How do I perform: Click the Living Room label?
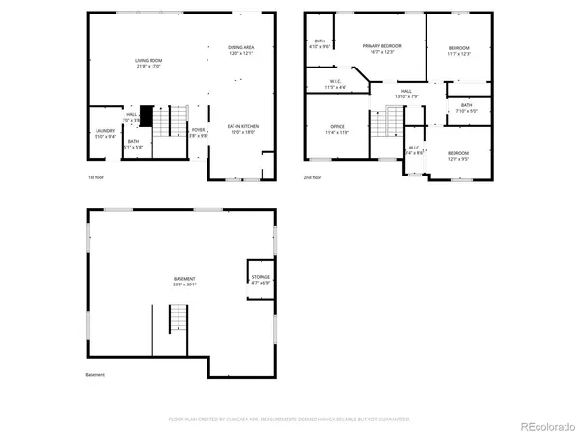(148, 62)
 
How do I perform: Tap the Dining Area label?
(240, 48)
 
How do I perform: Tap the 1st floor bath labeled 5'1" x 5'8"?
(133, 144)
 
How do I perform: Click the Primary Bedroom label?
(382, 47)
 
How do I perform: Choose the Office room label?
(337, 128)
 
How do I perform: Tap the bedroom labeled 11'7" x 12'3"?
(458, 50)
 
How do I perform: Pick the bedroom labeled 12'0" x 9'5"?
(458, 155)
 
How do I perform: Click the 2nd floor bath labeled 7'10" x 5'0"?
(466, 107)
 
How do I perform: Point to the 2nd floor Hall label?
(406, 93)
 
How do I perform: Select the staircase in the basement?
(177, 318)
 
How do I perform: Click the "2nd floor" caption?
(313, 177)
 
